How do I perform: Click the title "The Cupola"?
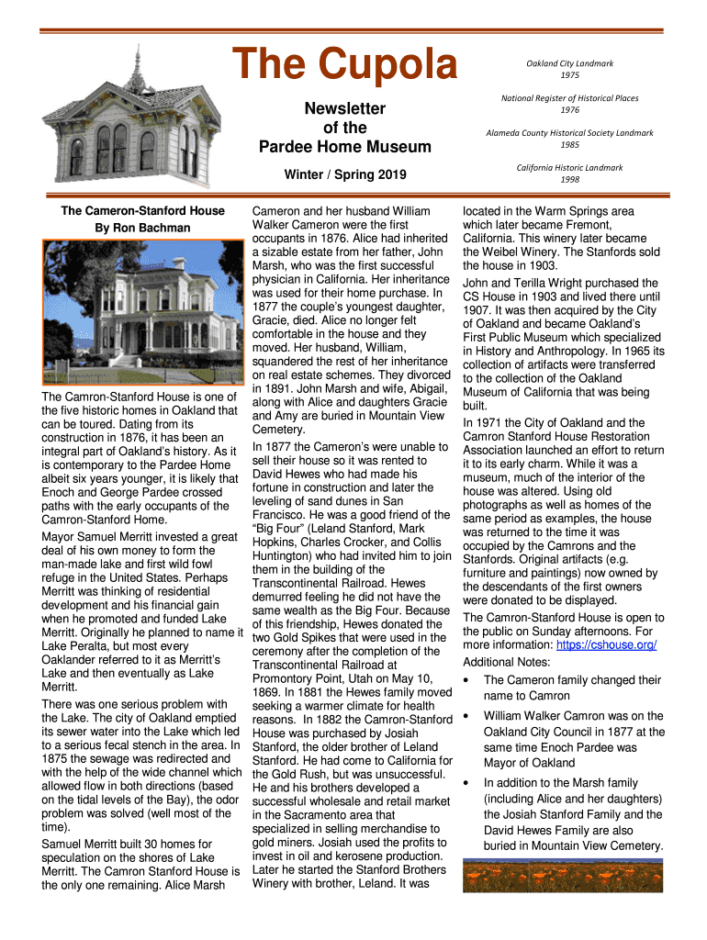344,66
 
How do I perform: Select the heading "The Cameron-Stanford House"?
142,211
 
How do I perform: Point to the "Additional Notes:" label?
507,662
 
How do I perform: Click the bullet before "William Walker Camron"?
466,716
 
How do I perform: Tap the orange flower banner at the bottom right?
563,875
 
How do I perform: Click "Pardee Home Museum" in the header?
344,147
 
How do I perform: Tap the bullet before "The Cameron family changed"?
466,680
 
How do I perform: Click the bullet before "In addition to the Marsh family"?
466,783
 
